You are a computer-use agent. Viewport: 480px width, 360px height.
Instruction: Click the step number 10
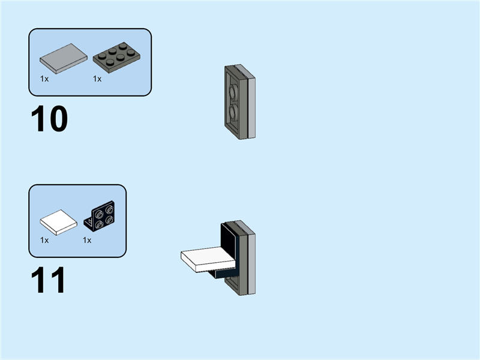49,119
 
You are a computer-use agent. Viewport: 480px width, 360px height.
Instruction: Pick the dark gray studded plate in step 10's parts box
117,56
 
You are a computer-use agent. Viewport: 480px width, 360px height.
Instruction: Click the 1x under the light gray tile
44,79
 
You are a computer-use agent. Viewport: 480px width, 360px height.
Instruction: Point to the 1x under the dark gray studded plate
97,79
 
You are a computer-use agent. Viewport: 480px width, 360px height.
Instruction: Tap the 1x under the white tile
44,240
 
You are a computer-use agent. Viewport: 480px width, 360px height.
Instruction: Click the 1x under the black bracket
87,240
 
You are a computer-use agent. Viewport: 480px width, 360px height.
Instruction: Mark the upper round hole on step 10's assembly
232,92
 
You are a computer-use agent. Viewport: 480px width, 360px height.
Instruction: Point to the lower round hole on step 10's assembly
232,113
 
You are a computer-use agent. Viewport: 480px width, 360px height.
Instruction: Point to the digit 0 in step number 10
58,119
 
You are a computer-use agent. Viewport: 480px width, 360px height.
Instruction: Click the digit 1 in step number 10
39,119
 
